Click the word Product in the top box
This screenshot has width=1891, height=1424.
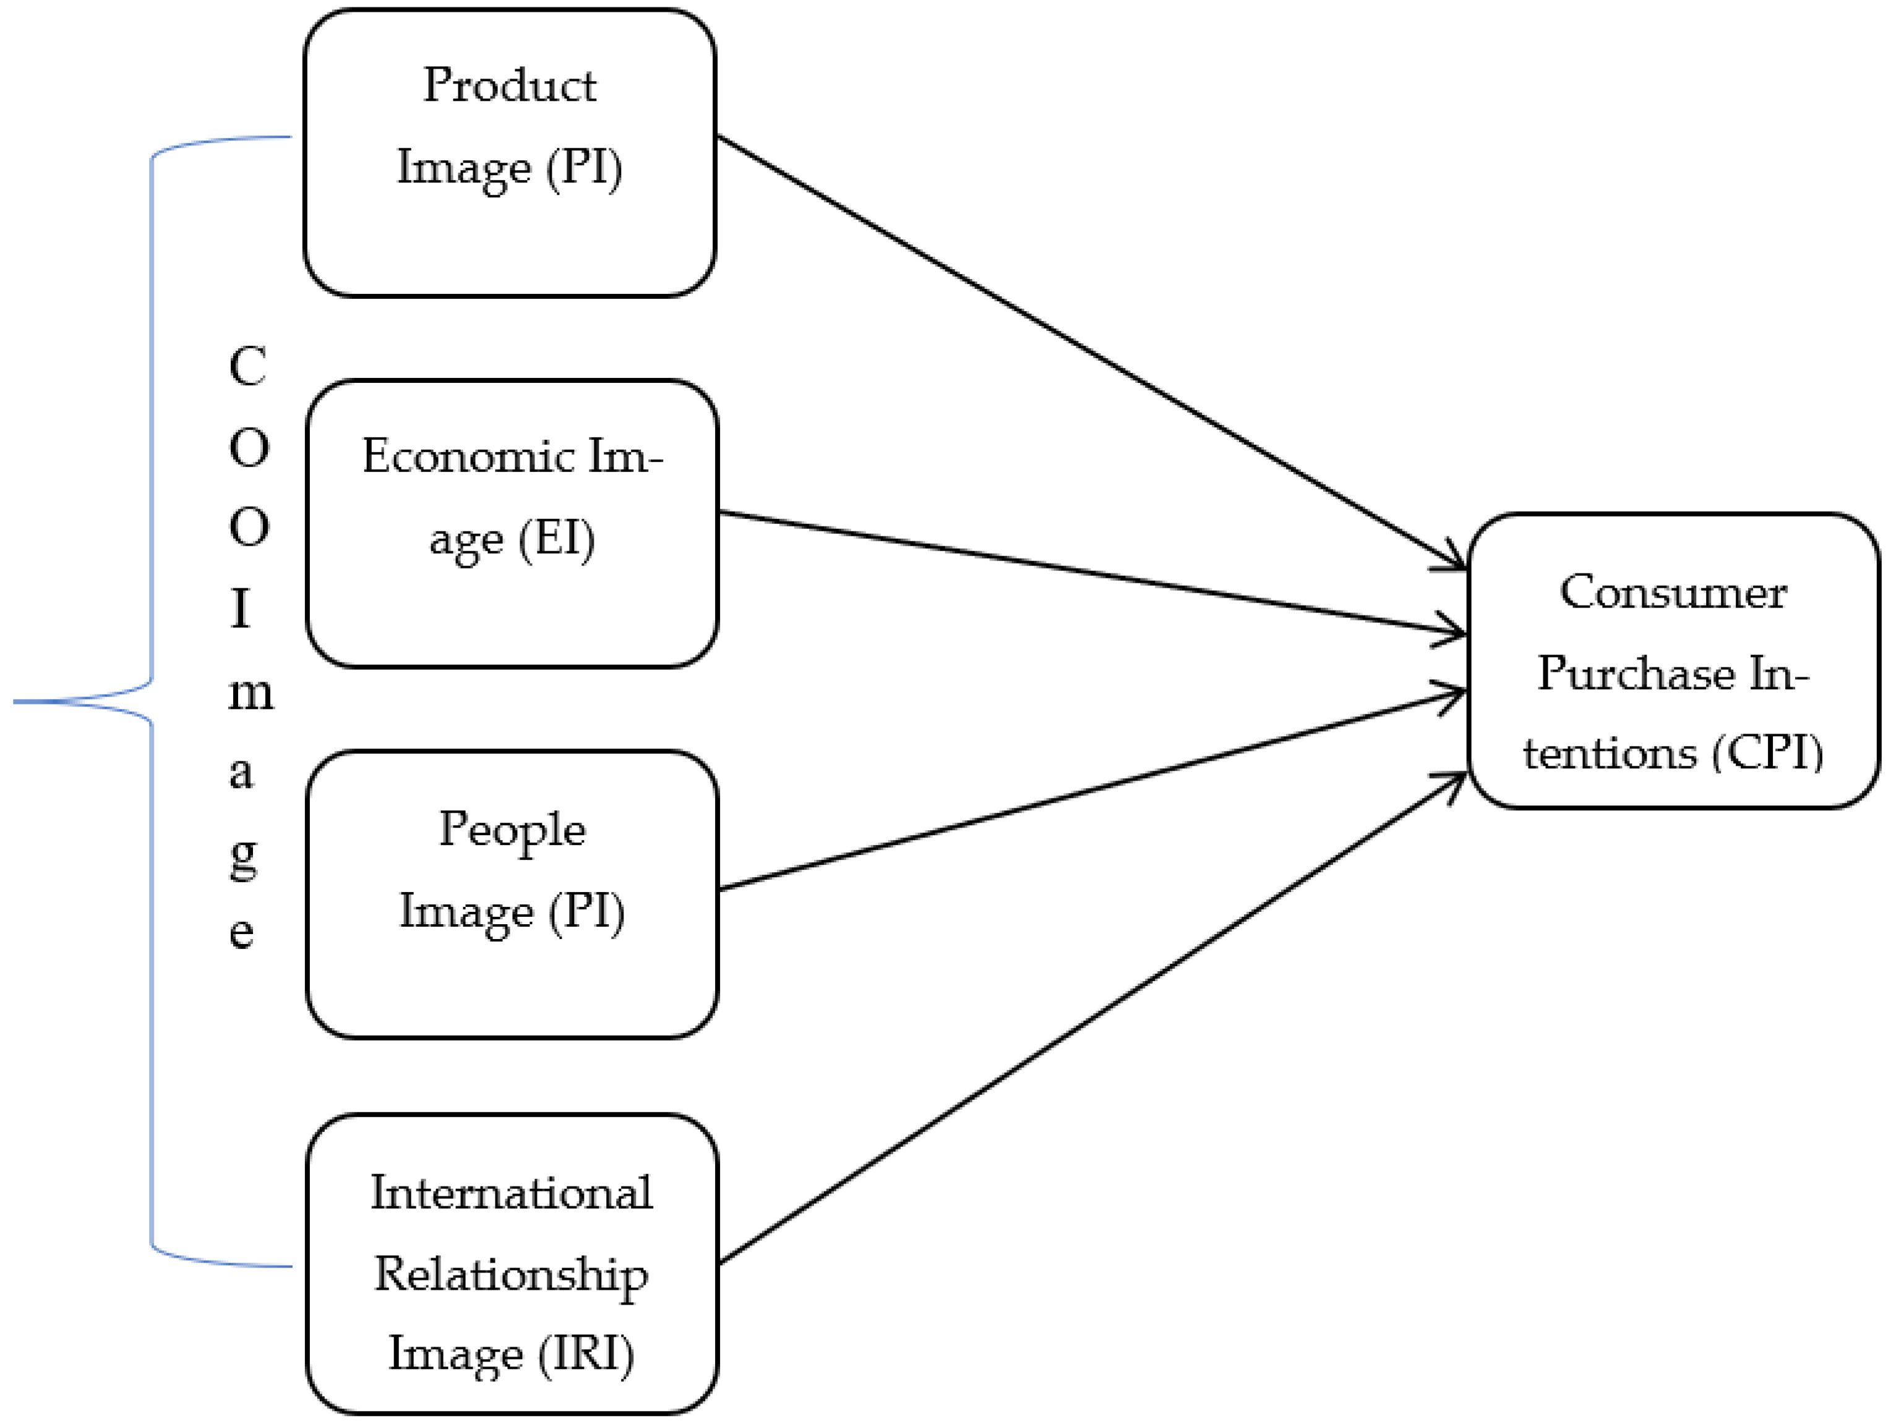[510, 85]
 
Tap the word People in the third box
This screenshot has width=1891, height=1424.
[512, 829]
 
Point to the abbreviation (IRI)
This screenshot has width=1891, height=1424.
[586, 1353]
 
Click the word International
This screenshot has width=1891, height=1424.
[511, 1193]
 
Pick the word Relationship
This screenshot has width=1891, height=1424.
[511, 1274]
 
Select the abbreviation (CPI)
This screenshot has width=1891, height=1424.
[1767, 753]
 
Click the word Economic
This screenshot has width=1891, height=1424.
[467, 455]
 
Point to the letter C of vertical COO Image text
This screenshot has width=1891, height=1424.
[248, 367]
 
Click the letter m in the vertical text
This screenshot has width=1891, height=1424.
[251, 693]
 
